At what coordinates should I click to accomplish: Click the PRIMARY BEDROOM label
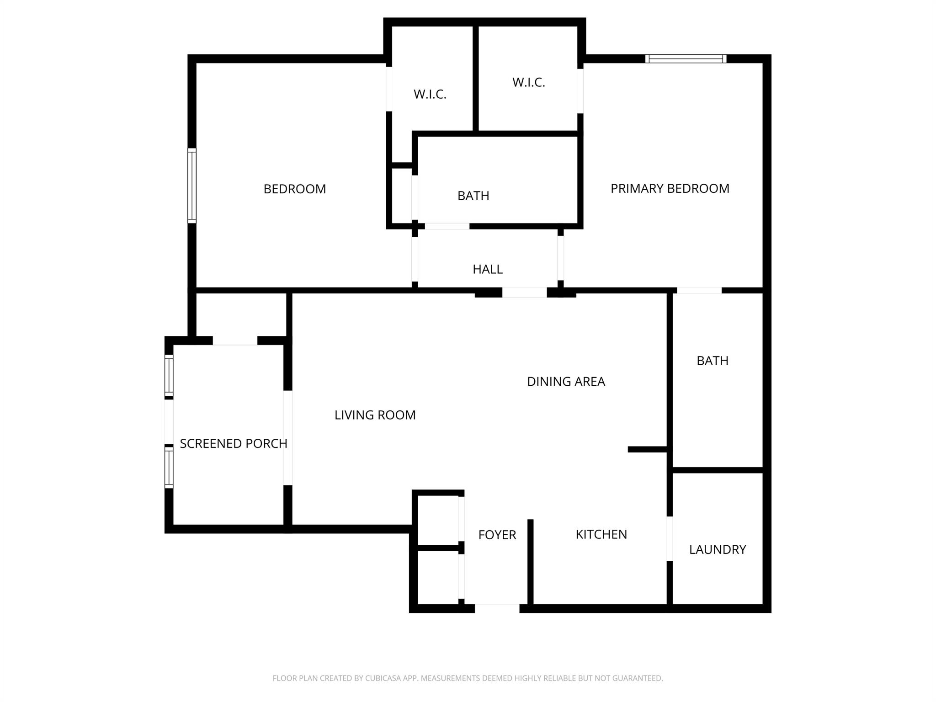click(670, 188)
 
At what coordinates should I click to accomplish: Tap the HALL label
click(487, 269)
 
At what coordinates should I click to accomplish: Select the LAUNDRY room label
click(717, 549)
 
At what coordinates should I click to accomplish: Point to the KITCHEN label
click(601, 534)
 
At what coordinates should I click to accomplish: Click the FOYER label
click(497, 535)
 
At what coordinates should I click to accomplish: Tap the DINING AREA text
click(566, 382)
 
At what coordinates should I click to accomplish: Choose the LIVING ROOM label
click(375, 415)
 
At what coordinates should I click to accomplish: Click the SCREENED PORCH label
click(233, 443)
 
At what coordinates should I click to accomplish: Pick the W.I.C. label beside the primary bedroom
click(528, 82)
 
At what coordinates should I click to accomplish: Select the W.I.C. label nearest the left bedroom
click(430, 94)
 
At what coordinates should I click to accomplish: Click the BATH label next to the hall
click(473, 196)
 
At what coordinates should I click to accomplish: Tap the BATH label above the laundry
click(712, 361)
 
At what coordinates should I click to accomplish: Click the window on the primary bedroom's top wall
click(686, 58)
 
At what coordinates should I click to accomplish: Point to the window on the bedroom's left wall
click(192, 186)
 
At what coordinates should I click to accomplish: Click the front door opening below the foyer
click(497, 608)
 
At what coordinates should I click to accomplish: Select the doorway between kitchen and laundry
click(670, 538)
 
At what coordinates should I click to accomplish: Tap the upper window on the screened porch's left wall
click(169, 376)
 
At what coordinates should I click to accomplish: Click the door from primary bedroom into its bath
click(699, 290)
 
